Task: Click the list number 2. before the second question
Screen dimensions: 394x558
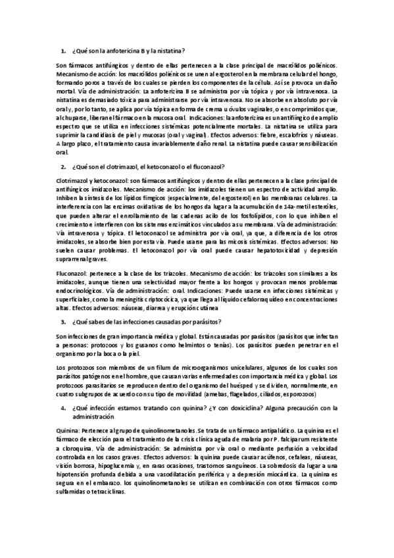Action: (x=63, y=167)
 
